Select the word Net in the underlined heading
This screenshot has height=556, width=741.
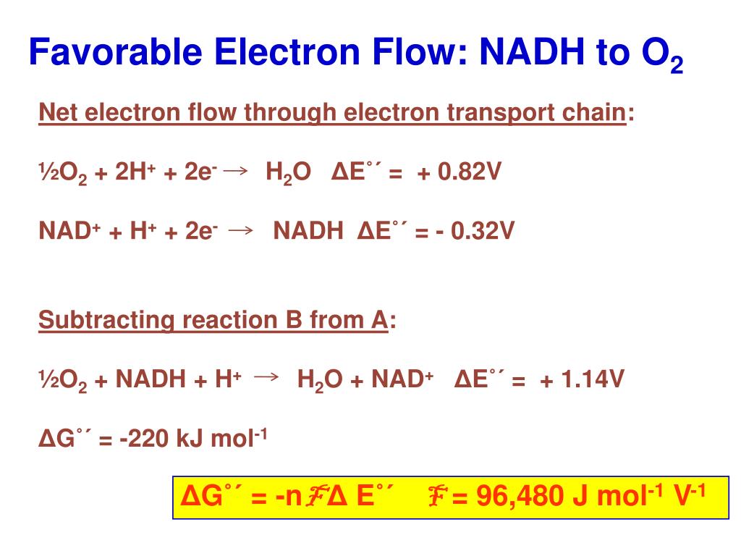[x=59, y=113]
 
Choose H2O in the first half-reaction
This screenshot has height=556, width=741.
[x=288, y=174]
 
